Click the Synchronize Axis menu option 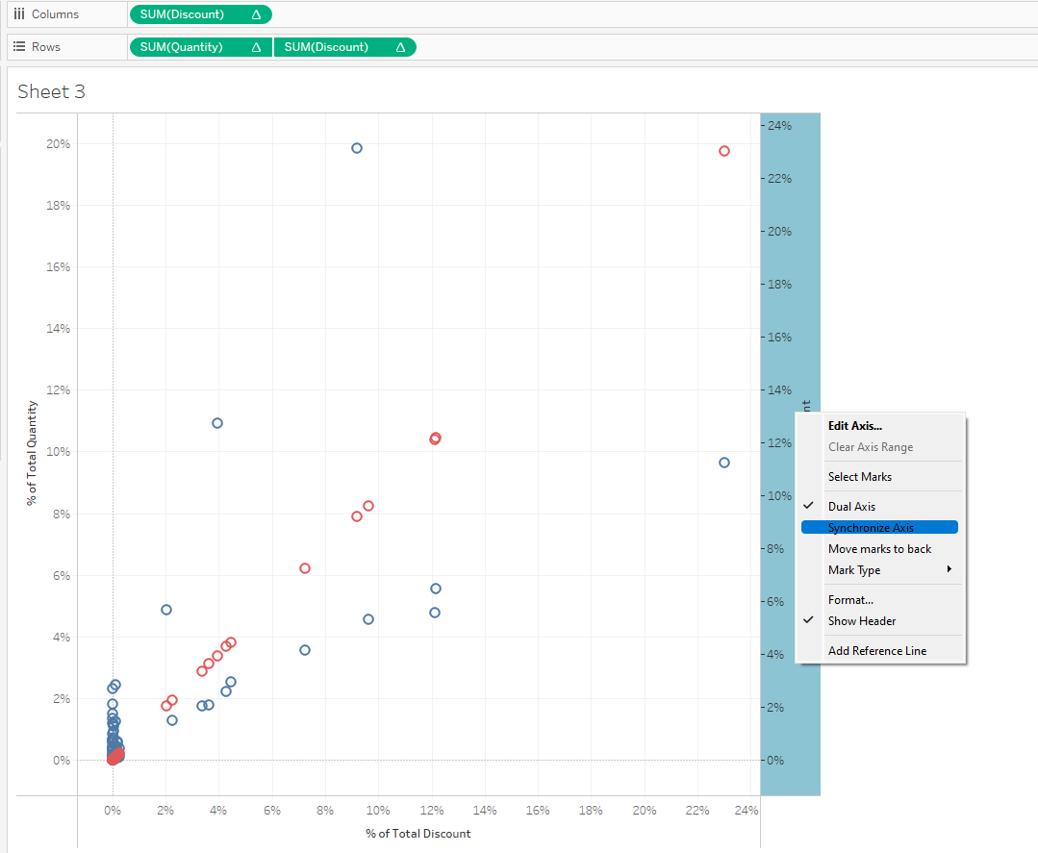[871, 527]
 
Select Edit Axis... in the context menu [854, 425]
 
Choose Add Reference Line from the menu [876, 651]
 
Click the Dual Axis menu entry [851, 507]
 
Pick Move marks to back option [879, 549]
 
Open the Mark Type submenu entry [854, 570]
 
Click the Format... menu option [850, 600]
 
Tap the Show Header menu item [861, 621]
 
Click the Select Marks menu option [859, 477]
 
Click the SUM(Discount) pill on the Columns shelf [200, 14]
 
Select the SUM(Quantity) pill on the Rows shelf [200, 47]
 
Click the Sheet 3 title [51, 91]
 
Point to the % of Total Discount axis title [418, 833]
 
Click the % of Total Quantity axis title [32, 452]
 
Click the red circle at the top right [724, 151]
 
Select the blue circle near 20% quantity [357, 148]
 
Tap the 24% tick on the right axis [778, 126]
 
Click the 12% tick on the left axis [58, 390]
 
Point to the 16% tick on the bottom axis [538, 811]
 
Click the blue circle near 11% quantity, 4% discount [217, 423]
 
